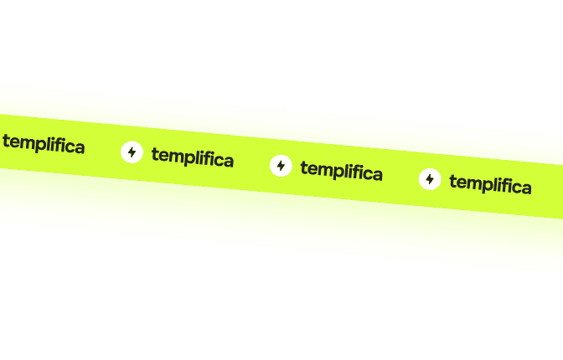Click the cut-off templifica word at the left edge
(x=44, y=144)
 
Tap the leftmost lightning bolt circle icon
(x=132, y=152)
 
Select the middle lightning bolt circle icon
(x=281, y=166)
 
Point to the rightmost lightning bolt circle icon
(x=430, y=179)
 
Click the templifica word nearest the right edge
(x=490, y=184)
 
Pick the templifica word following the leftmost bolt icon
(x=192, y=157)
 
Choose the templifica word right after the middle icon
(x=341, y=171)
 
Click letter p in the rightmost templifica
(x=488, y=185)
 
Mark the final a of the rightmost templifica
(x=525, y=188)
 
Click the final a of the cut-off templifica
(x=79, y=148)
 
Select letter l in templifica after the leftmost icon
(x=198, y=157)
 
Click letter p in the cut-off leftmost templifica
(x=40, y=145)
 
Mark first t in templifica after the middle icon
(x=303, y=167)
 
